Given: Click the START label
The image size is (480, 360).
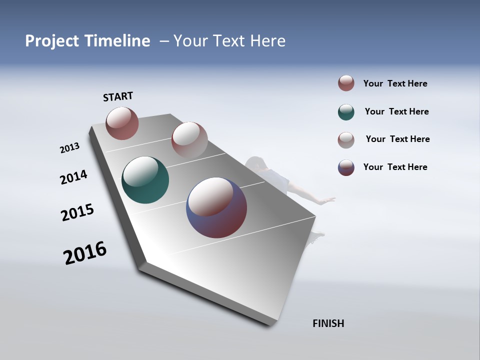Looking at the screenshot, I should tap(118, 96).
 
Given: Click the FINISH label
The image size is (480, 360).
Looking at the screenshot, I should tap(328, 323).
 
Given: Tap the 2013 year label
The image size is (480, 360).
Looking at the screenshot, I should tap(69, 148).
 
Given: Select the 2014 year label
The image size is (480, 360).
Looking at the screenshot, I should tap(73, 177).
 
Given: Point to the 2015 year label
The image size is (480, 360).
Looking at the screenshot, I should tap(77, 212).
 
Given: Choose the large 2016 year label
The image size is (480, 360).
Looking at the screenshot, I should tap(85, 253).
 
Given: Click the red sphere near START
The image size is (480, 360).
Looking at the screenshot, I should tap(122, 123).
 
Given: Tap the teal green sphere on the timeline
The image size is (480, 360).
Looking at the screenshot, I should tap(145, 180).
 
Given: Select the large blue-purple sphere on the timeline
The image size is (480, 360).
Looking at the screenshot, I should tap(216, 207).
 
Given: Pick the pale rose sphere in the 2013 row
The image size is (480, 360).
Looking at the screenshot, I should tap(189, 139).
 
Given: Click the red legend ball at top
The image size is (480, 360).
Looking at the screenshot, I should tap(346, 83).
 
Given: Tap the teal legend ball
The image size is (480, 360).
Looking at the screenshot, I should tap(346, 112).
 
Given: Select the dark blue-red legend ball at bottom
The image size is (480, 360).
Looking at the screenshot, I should tap(346, 167).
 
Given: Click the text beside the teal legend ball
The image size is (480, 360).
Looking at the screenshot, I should tap(396, 111).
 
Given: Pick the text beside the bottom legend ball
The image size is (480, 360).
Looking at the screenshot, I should tap(395, 167).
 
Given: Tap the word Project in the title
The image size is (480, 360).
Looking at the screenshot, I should tap(50, 41).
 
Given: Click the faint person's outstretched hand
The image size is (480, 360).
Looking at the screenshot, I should tap(329, 200).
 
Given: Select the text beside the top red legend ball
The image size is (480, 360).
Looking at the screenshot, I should tap(395, 83).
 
